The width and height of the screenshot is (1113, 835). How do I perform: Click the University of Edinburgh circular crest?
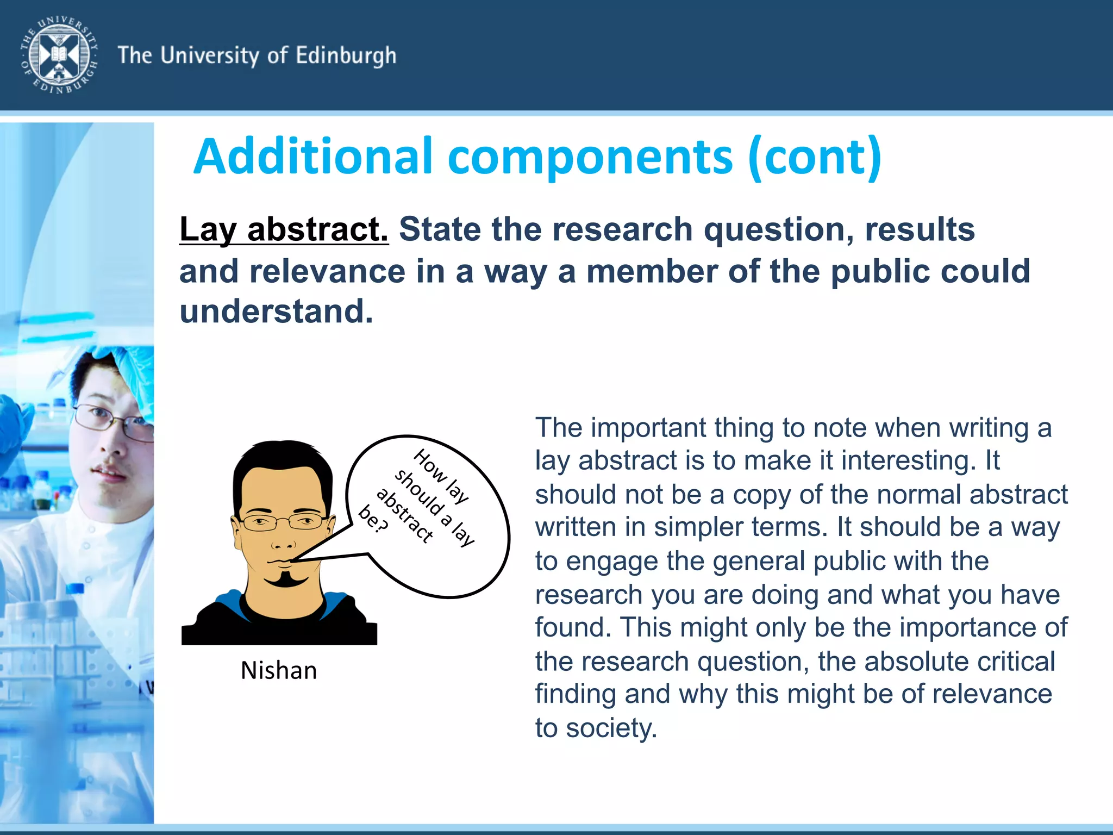59,54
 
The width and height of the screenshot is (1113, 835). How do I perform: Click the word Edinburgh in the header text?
346,56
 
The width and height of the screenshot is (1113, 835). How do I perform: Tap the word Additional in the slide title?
313,157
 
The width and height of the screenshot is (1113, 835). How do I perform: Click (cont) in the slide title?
815,157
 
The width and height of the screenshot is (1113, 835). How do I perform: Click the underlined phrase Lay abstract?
284,229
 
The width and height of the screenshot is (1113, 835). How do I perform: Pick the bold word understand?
276,311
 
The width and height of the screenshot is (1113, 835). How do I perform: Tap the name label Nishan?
279,670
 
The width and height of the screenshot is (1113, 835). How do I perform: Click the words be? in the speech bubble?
374,519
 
